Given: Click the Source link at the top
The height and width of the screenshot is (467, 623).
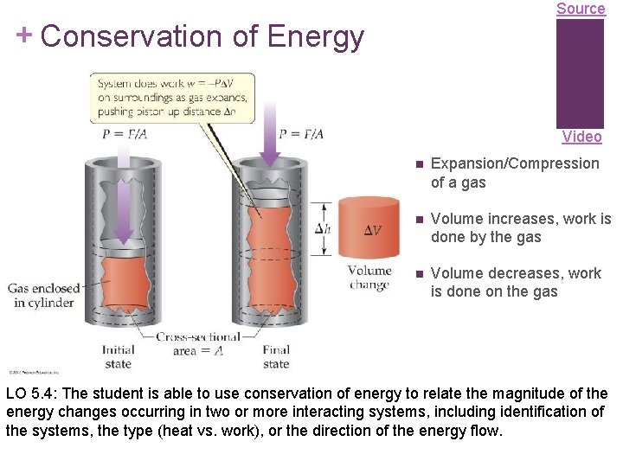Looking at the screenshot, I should (581, 9).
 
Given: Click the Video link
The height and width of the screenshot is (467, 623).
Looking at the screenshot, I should (581, 137).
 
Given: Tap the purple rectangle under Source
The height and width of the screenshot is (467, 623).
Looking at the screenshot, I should (580, 74).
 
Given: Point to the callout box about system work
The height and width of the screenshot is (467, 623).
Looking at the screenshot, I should (172, 98).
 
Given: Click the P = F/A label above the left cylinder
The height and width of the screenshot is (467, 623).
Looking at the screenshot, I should (124, 133).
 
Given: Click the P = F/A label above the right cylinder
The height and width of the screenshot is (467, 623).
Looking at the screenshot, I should (300, 133).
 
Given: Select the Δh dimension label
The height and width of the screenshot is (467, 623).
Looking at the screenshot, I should (322, 229).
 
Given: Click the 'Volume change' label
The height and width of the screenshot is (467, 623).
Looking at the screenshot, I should (369, 278).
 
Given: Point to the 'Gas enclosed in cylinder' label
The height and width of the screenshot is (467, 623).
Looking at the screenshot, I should (44, 295).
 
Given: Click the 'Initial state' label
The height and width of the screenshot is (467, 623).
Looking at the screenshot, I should (118, 356).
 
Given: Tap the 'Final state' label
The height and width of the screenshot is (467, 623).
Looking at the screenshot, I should (276, 356).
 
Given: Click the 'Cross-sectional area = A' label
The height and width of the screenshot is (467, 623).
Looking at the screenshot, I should (198, 343).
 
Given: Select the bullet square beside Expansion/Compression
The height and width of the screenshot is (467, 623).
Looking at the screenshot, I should (418, 164).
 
